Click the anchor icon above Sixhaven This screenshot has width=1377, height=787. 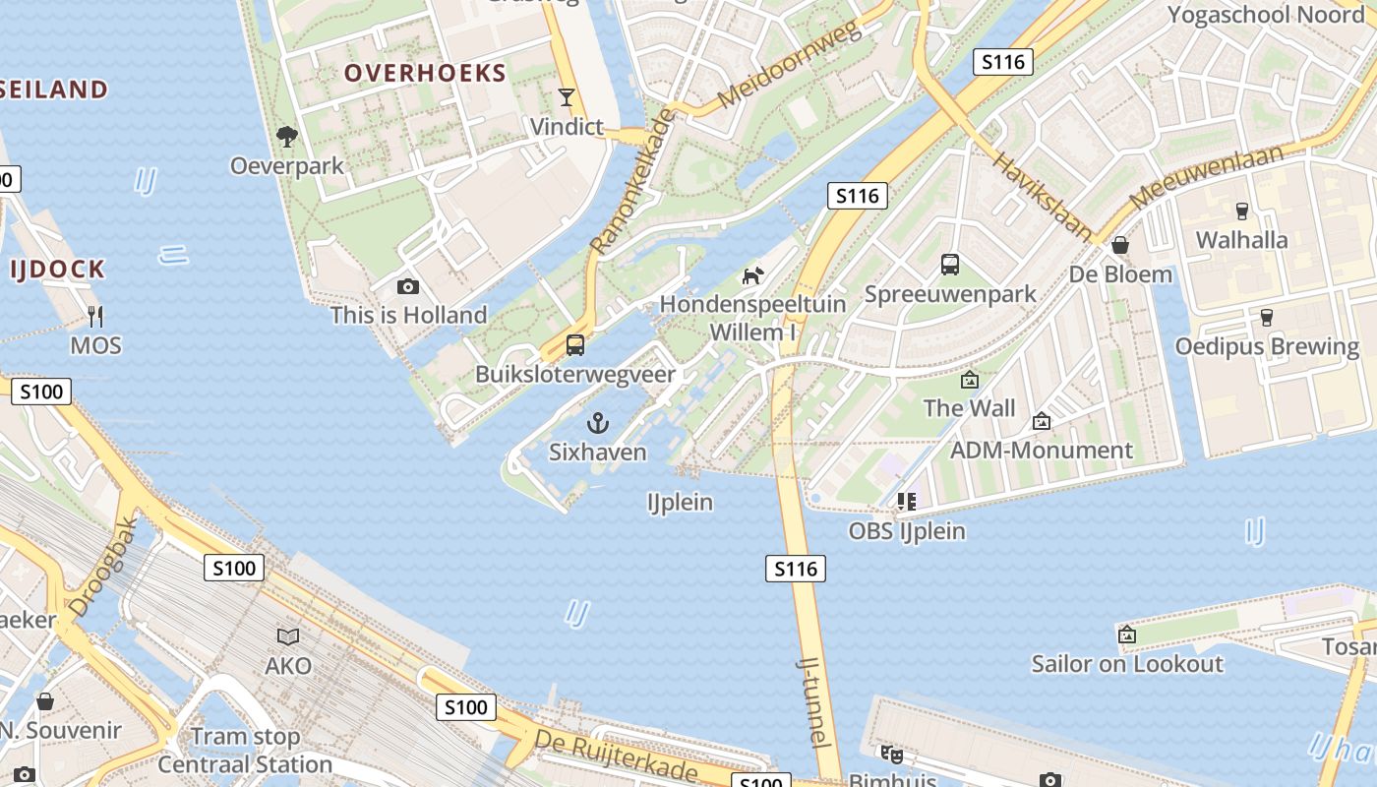[x=597, y=424]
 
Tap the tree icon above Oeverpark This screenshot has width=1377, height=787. [x=287, y=137]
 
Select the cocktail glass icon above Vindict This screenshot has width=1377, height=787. [x=567, y=97]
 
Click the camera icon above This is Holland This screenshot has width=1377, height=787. [x=408, y=287]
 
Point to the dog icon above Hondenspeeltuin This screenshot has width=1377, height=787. [x=752, y=275]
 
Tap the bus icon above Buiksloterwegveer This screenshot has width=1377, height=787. [x=575, y=345]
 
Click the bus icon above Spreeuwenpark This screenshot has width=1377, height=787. [x=950, y=265]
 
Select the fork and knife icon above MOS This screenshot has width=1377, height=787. [x=95, y=317]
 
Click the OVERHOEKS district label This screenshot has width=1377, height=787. [x=425, y=73]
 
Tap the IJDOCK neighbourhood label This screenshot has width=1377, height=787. [x=57, y=270]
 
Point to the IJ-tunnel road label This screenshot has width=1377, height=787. [x=817, y=702]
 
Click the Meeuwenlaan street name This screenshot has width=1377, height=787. [x=1208, y=177]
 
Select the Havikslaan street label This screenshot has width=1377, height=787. [x=1042, y=196]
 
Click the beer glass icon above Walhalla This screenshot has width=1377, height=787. [x=1241, y=211]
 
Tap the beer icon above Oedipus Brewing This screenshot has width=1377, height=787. [x=1267, y=318]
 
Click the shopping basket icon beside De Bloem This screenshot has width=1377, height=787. [x=1120, y=245]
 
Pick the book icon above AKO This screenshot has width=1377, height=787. [x=288, y=636]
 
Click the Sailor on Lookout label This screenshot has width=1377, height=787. [x=1127, y=664]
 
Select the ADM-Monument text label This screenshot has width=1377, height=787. [x=1042, y=451]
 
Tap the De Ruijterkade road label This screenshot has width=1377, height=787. [x=616, y=756]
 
